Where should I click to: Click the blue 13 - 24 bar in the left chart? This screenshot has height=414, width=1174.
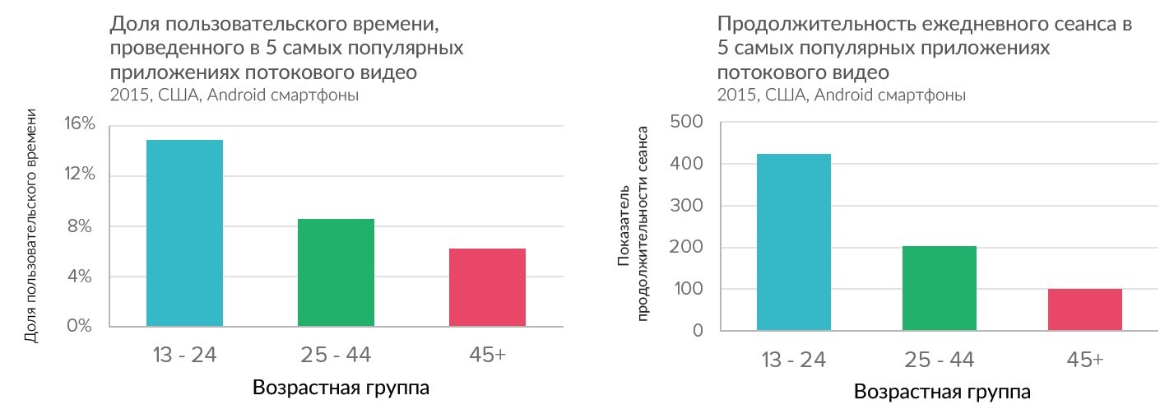tap(184, 233)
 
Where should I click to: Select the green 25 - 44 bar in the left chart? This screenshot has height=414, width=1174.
tap(336, 272)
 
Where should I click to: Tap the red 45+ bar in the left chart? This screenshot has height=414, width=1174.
tap(487, 287)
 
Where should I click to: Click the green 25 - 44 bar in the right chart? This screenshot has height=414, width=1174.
tap(939, 288)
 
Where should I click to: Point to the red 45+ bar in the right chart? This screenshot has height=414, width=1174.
tap(1084, 309)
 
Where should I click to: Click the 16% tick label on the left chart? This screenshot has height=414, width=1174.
tap(80, 124)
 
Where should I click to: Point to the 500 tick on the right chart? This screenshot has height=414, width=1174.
tap(686, 123)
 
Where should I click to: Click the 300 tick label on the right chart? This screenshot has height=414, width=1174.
tap(686, 206)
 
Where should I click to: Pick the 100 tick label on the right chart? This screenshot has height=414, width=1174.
tap(686, 290)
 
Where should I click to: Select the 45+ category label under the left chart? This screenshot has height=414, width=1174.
tap(487, 355)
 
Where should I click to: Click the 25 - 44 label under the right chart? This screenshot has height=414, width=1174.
tap(939, 360)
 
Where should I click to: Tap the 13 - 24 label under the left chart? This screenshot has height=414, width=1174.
tap(184, 355)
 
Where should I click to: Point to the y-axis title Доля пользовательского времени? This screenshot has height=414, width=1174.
tap(31, 225)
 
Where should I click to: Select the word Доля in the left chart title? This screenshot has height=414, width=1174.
tap(131, 24)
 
